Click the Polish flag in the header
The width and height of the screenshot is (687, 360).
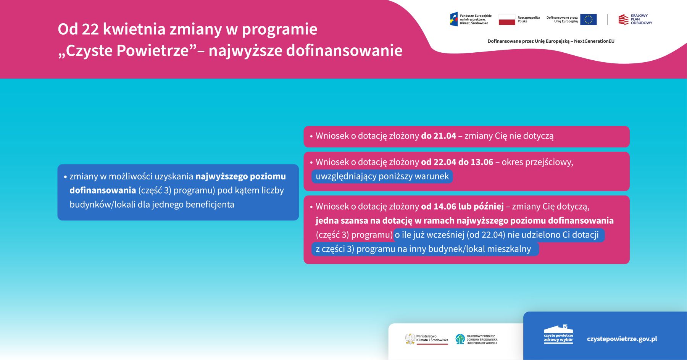(507, 19)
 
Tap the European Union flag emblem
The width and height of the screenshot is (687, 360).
(588, 19)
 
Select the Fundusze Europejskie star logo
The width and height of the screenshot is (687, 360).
(454, 19)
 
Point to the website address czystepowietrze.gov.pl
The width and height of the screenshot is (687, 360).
(622, 339)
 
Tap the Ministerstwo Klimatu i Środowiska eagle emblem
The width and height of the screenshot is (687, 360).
(410, 339)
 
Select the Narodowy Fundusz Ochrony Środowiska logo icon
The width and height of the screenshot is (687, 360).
(460, 339)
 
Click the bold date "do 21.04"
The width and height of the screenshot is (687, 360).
(439, 136)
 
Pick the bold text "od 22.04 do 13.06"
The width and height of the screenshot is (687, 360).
(457, 162)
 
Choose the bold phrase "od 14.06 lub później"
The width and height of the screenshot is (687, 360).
(463, 207)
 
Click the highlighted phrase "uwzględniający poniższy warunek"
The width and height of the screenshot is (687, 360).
(382, 176)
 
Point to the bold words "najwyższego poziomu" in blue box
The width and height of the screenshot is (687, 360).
(240, 176)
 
